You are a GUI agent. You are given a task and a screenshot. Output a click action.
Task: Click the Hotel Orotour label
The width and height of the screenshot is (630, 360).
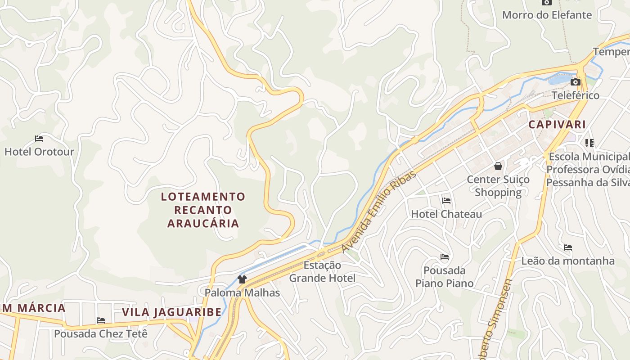(39, 152)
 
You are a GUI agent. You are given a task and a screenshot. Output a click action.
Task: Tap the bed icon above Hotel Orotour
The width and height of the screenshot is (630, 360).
(39, 139)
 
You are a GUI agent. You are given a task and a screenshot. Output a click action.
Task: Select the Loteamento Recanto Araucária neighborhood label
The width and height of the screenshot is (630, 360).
(203, 210)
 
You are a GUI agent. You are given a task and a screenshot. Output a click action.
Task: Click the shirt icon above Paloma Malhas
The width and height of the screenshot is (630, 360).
(242, 279)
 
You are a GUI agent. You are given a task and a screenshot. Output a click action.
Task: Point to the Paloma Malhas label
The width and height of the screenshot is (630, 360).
(242, 292)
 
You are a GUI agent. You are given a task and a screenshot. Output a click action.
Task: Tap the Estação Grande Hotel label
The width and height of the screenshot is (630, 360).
(322, 271)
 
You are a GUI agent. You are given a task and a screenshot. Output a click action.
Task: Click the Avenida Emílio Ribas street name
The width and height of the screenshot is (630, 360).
(379, 211)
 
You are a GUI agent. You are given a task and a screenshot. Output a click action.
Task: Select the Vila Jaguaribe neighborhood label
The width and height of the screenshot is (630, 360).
(172, 312)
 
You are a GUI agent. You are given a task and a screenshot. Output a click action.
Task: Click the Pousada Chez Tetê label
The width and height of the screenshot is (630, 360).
(101, 334)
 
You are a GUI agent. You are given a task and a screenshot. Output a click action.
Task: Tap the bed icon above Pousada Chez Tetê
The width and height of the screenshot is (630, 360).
(101, 321)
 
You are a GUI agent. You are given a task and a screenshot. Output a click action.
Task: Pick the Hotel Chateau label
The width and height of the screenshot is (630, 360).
(446, 214)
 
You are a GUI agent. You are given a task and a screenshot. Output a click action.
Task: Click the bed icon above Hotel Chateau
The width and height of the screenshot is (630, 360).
(446, 201)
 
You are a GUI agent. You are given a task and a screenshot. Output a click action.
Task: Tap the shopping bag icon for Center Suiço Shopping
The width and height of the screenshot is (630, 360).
(498, 166)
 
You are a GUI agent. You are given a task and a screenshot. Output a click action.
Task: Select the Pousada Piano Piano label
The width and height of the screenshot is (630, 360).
(445, 277)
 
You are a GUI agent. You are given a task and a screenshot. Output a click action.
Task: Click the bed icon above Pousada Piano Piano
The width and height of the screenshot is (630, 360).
(445, 257)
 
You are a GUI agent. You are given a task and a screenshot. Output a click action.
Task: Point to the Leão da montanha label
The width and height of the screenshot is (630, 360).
(568, 261)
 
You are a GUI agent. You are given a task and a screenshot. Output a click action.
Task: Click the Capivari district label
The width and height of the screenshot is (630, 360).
(557, 125)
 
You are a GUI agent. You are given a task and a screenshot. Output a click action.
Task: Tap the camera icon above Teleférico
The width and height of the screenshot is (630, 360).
(575, 82)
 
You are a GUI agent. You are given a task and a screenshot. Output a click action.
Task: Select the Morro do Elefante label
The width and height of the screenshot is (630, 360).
(547, 15)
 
